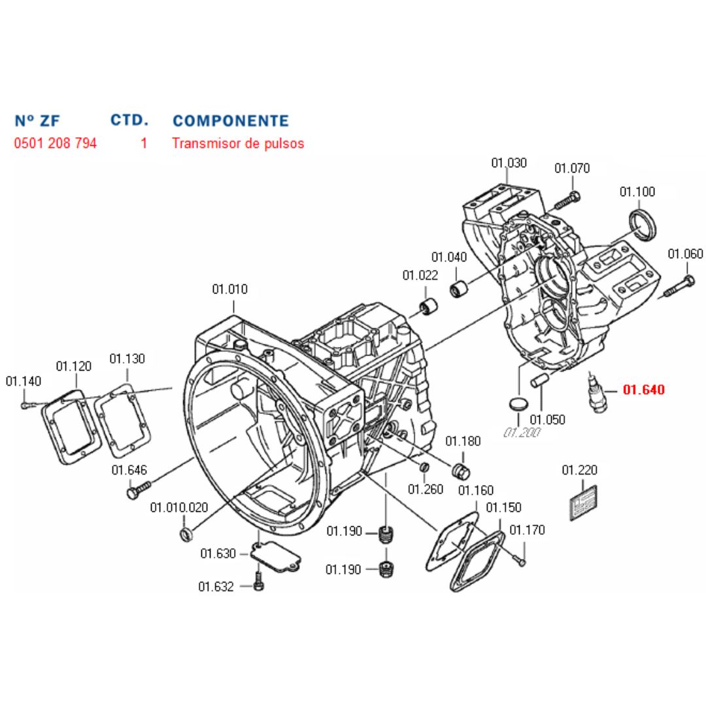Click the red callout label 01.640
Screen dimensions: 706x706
[643, 390]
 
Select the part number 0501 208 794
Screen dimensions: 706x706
[56, 143]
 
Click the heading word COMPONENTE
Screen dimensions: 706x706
[230, 121]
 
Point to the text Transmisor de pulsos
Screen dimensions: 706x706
[238, 143]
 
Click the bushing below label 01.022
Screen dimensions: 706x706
[429, 306]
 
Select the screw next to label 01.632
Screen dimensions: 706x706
[258, 581]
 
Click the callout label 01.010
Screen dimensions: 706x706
[229, 289]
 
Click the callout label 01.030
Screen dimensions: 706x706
[509, 163]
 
